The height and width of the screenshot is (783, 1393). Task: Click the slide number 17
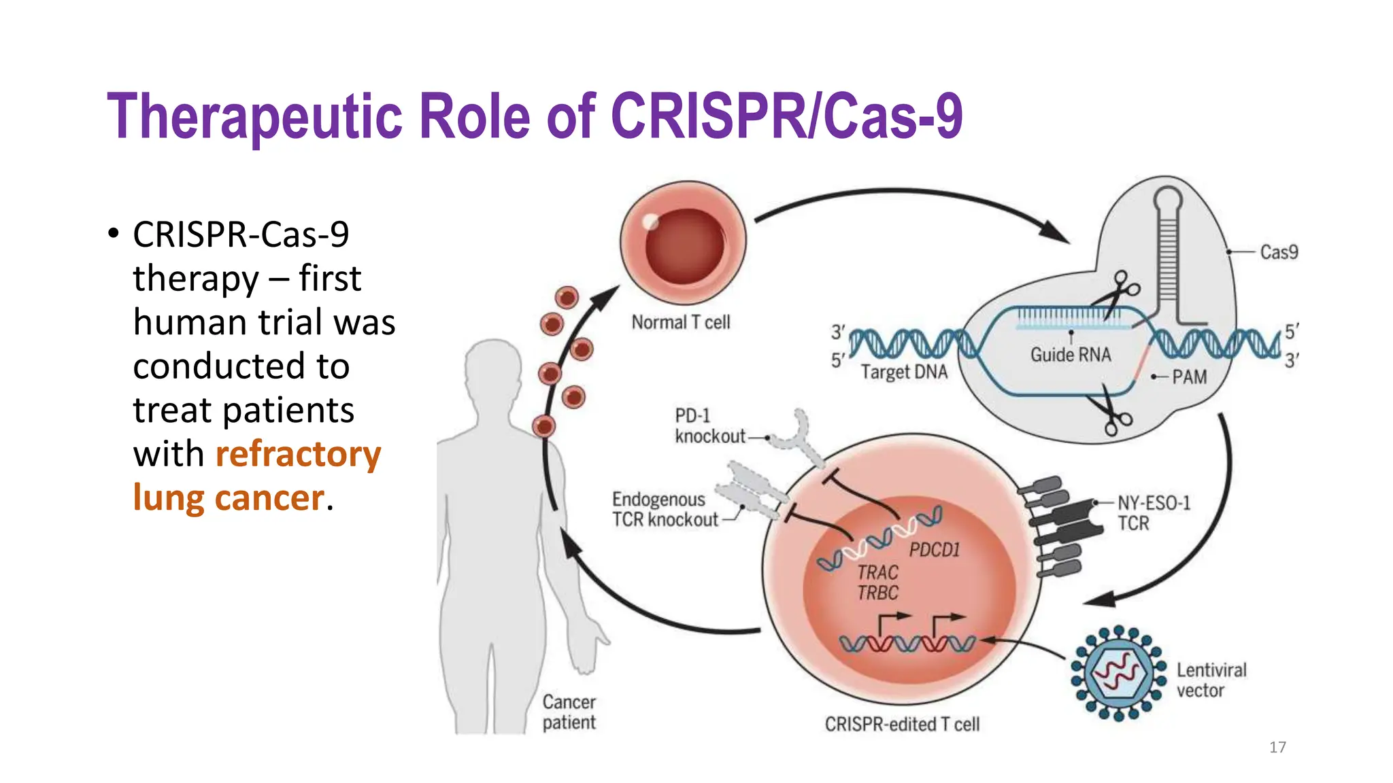[x=1277, y=747]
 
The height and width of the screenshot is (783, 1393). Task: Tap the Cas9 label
[x=1278, y=252]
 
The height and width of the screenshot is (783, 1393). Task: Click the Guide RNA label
[x=1070, y=355]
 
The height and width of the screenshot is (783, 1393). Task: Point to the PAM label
[x=1188, y=377]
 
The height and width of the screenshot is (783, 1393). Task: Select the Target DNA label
[x=903, y=372]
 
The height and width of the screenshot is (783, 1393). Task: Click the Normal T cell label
[x=680, y=322]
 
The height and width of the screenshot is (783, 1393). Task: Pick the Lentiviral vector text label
[x=1211, y=680]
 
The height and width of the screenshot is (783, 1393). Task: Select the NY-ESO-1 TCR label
[x=1154, y=513]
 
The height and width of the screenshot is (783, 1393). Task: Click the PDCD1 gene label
[x=934, y=550]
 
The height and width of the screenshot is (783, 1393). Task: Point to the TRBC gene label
[x=877, y=593]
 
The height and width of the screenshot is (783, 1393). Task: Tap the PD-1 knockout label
[x=709, y=426]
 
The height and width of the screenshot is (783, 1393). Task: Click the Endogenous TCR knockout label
[x=664, y=510]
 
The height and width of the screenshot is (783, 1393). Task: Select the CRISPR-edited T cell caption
[x=902, y=725]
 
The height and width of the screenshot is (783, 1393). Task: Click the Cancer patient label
[x=569, y=712]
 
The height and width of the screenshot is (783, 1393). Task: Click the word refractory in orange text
[x=298, y=454]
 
